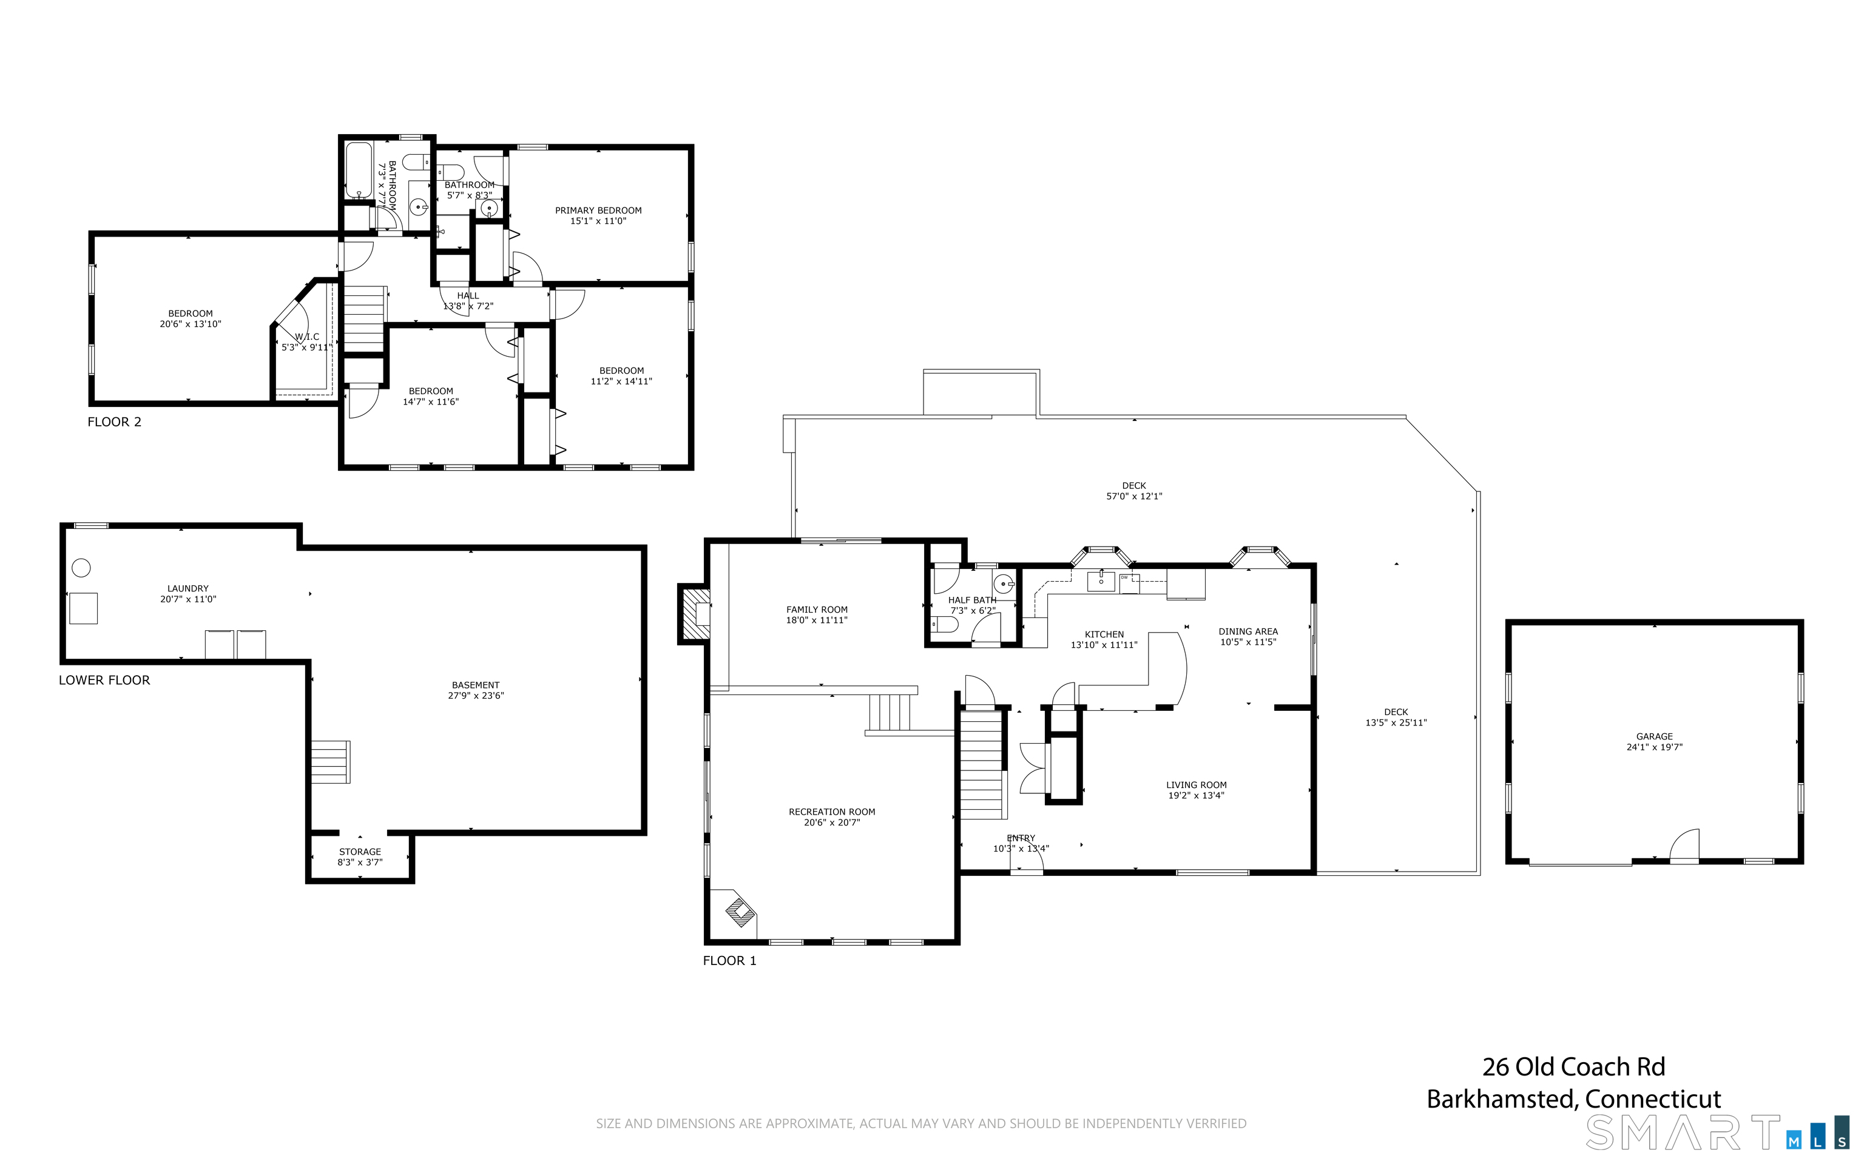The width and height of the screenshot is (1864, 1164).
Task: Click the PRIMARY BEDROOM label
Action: [598, 210]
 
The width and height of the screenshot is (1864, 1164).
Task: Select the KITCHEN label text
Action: [1104, 634]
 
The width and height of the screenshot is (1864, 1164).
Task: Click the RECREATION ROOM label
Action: [831, 812]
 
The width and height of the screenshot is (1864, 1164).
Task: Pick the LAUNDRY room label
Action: [188, 588]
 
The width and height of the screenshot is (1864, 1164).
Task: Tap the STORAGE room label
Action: [360, 852]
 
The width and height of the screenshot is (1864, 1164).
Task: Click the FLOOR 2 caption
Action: [115, 422]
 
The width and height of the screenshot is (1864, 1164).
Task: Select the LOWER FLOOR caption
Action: [105, 680]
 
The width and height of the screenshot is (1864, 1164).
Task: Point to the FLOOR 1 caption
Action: [730, 961]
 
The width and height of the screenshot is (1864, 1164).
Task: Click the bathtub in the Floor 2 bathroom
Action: [356, 170]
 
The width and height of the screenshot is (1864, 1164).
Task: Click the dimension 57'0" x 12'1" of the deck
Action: [1134, 497]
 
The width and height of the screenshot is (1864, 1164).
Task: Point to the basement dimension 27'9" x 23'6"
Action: [476, 696]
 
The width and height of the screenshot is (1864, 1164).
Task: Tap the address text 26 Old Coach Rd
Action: [1574, 1067]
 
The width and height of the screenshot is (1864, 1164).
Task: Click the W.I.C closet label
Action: [306, 337]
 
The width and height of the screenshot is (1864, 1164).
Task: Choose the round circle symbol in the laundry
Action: [81, 568]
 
